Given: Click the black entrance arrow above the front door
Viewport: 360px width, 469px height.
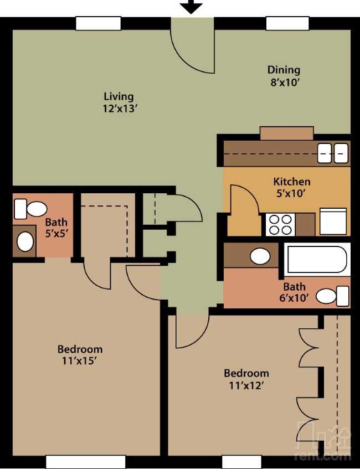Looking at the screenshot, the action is click(x=191, y=6).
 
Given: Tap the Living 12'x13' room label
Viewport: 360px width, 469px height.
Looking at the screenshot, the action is click(x=120, y=102).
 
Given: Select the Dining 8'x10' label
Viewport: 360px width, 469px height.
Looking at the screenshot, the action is click(x=284, y=76).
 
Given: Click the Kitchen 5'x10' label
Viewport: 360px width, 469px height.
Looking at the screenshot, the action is click(x=291, y=188).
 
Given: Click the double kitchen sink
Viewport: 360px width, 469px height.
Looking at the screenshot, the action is click(x=333, y=153).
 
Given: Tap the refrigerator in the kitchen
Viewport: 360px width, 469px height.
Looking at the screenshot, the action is click(x=333, y=221).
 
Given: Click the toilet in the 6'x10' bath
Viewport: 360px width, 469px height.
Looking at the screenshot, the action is click(x=332, y=296).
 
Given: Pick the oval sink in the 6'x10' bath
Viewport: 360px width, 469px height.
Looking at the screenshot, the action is click(x=260, y=256).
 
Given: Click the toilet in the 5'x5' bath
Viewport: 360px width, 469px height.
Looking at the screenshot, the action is click(x=30, y=209).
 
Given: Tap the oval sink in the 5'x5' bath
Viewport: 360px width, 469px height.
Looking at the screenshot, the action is click(x=25, y=241).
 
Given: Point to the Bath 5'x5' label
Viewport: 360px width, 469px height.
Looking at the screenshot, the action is click(x=56, y=228).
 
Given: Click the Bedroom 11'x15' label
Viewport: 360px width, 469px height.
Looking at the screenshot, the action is click(x=80, y=355).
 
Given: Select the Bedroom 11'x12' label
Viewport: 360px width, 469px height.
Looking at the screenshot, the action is click(x=246, y=379).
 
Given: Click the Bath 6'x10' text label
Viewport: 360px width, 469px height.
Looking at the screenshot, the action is click(x=294, y=292).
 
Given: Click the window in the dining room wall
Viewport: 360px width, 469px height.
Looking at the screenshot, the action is click(x=287, y=24).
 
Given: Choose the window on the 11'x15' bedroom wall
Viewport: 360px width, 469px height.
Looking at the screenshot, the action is click(x=86, y=462).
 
